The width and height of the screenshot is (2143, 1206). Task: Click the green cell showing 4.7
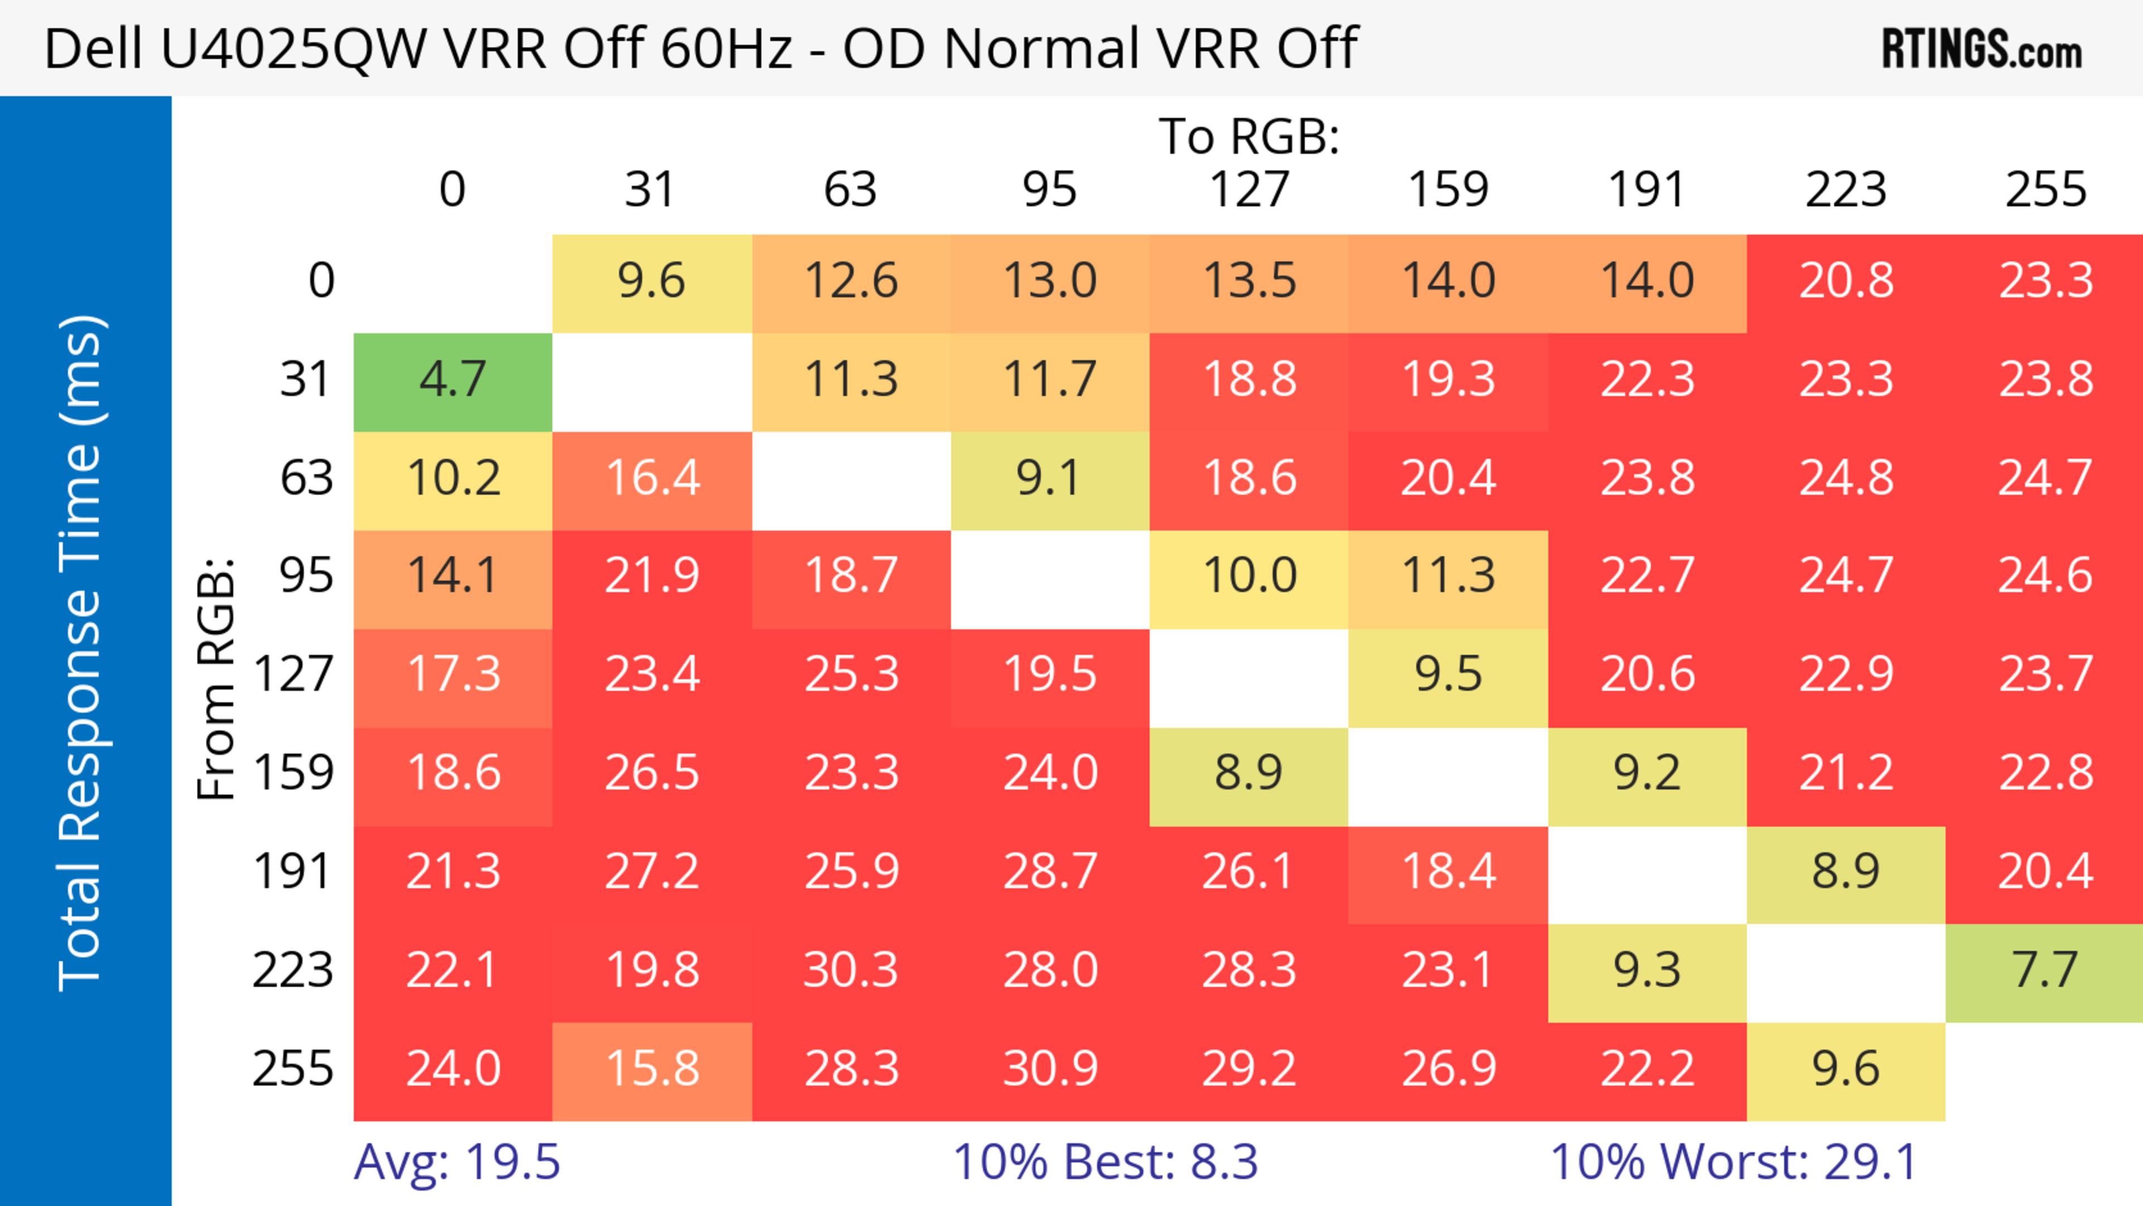point(453,381)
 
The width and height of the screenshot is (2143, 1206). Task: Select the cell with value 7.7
point(2044,972)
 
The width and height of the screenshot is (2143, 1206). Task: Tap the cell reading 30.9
point(1050,1070)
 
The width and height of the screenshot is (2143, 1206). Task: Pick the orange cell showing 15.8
point(652,1070)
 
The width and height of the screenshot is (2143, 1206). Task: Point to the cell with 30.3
point(851,972)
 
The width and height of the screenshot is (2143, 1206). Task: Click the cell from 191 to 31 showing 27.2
point(652,873)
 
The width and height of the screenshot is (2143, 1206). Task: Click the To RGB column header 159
point(1448,190)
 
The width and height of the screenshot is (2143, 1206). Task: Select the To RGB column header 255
point(2045,190)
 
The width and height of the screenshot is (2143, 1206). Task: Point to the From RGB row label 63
point(306,479)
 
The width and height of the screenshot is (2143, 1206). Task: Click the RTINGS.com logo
point(1982,49)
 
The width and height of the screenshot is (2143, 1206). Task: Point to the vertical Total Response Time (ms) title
point(81,653)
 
